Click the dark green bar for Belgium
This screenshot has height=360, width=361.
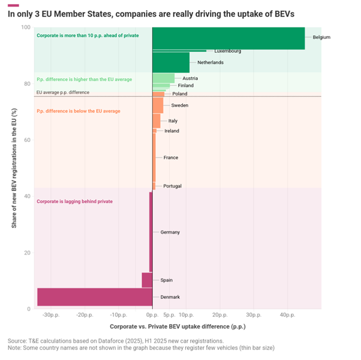[x=228, y=38]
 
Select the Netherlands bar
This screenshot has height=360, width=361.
[x=171, y=62]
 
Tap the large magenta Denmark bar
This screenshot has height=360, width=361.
[x=94, y=297]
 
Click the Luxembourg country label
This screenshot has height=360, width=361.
[x=228, y=52]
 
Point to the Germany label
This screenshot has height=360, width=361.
[x=170, y=232]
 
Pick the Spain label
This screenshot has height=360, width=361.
[x=167, y=280]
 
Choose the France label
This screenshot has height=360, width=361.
[x=170, y=158]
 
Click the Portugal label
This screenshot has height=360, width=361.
[x=172, y=186]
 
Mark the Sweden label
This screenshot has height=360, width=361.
[x=179, y=105]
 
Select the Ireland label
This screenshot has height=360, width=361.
[x=172, y=131]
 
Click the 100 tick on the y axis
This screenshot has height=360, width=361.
[x=26, y=28]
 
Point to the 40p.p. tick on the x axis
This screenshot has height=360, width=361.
[x=286, y=314]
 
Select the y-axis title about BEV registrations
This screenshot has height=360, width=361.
[x=14, y=168]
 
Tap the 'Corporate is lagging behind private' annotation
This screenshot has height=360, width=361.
[x=74, y=201]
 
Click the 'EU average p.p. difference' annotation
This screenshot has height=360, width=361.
[x=63, y=92]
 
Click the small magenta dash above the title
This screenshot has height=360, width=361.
[x=13, y=5]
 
